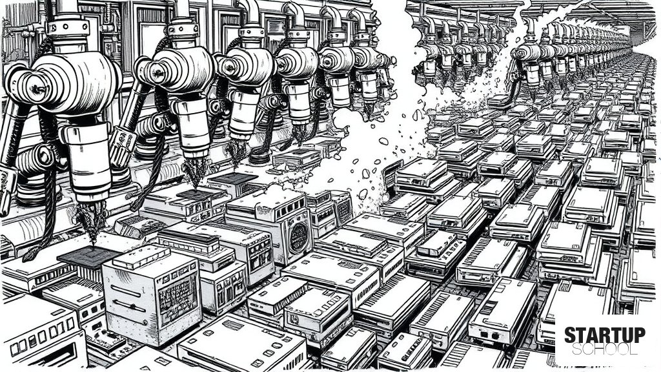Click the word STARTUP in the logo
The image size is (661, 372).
[x=604, y=335]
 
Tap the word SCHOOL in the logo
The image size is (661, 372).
[x=604, y=349]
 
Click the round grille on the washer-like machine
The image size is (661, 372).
[x=299, y=238]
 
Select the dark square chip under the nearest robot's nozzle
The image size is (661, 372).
[x=89, y=258]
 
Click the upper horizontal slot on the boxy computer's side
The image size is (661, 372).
[x=126, y=291]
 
